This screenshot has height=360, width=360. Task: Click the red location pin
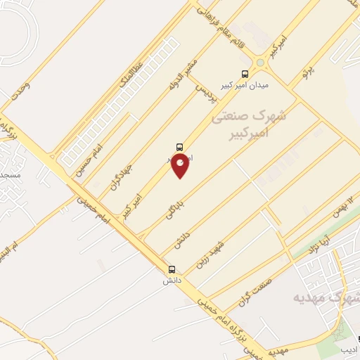click(181, 165)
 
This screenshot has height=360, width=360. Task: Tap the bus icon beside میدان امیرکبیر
click(245, 74)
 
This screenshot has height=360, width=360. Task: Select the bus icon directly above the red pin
click(180, 148)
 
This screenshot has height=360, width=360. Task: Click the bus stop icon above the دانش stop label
click(172, 269)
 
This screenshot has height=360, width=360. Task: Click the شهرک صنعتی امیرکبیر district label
click(259, 124)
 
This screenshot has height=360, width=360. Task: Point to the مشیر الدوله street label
click(180, 88)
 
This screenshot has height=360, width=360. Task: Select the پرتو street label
click(306, 70)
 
